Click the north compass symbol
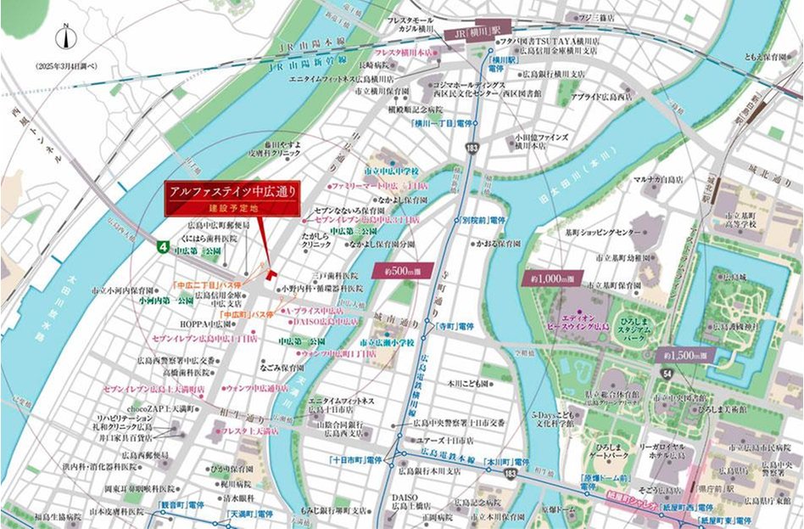tap(65, 37)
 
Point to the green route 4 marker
tap(160, 245)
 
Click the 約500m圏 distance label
tap(398, 271)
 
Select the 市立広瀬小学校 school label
tap(387, 341)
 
